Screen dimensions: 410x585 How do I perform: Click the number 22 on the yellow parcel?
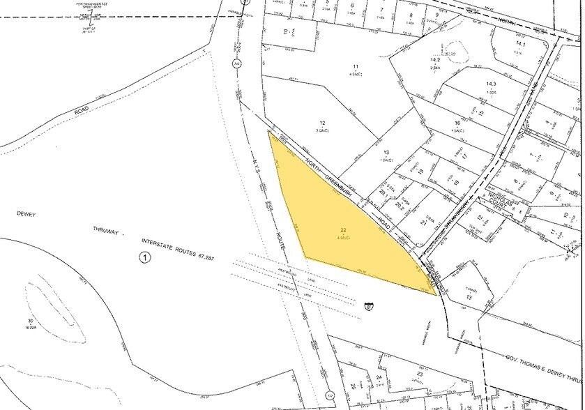[343, 230]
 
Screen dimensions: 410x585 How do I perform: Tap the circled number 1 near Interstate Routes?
[145, 259]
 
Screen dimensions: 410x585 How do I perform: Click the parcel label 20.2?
[399, 206]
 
